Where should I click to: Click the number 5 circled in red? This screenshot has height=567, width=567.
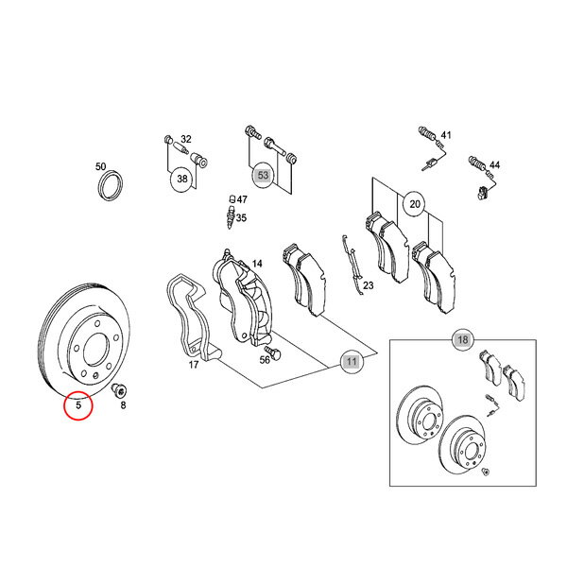(78, 405)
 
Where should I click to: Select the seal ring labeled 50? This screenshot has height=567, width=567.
(100, 185)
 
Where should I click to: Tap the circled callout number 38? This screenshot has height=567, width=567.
(182, 179)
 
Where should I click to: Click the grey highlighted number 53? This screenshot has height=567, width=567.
(263, 176)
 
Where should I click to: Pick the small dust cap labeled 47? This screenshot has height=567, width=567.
(232, 198)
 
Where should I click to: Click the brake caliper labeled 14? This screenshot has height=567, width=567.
(242, 297)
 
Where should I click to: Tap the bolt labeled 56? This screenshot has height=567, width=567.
(273, 352)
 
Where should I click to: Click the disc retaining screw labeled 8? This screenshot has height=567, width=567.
(118, 391)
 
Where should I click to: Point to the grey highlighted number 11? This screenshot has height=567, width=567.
(352, 361)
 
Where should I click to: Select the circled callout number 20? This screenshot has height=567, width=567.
(415, 204)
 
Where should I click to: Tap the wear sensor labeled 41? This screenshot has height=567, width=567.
(432, 149)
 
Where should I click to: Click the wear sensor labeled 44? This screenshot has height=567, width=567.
(482, 179)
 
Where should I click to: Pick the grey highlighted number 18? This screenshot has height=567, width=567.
(463, 339)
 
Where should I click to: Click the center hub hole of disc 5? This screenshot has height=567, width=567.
(95, 349)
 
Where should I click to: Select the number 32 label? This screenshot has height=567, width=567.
(186, 139)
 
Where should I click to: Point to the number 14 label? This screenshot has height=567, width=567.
(257, 264)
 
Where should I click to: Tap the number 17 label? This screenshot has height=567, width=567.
(194, 365)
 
